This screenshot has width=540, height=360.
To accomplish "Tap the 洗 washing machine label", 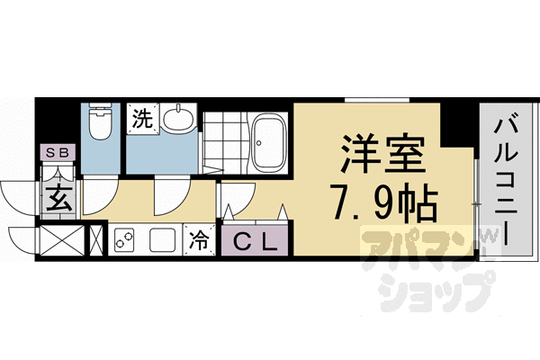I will pyautogui.click(x=143, y=116).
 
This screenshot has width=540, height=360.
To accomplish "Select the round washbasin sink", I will pyautogui.click(x=182, y=119).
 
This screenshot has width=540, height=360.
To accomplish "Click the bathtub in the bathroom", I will pyautogui.click(x=268, y=141).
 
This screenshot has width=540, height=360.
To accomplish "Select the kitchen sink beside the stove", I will pyautogui.click(x=162, y=240).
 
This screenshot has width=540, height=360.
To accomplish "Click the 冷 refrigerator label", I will pyautogui.click(x=198, y=241).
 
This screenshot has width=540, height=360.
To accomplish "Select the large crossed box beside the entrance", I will pyautogui.click(x=59, y=240).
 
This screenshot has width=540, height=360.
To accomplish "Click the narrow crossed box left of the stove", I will pyautogui.click(x=96, y=240).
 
